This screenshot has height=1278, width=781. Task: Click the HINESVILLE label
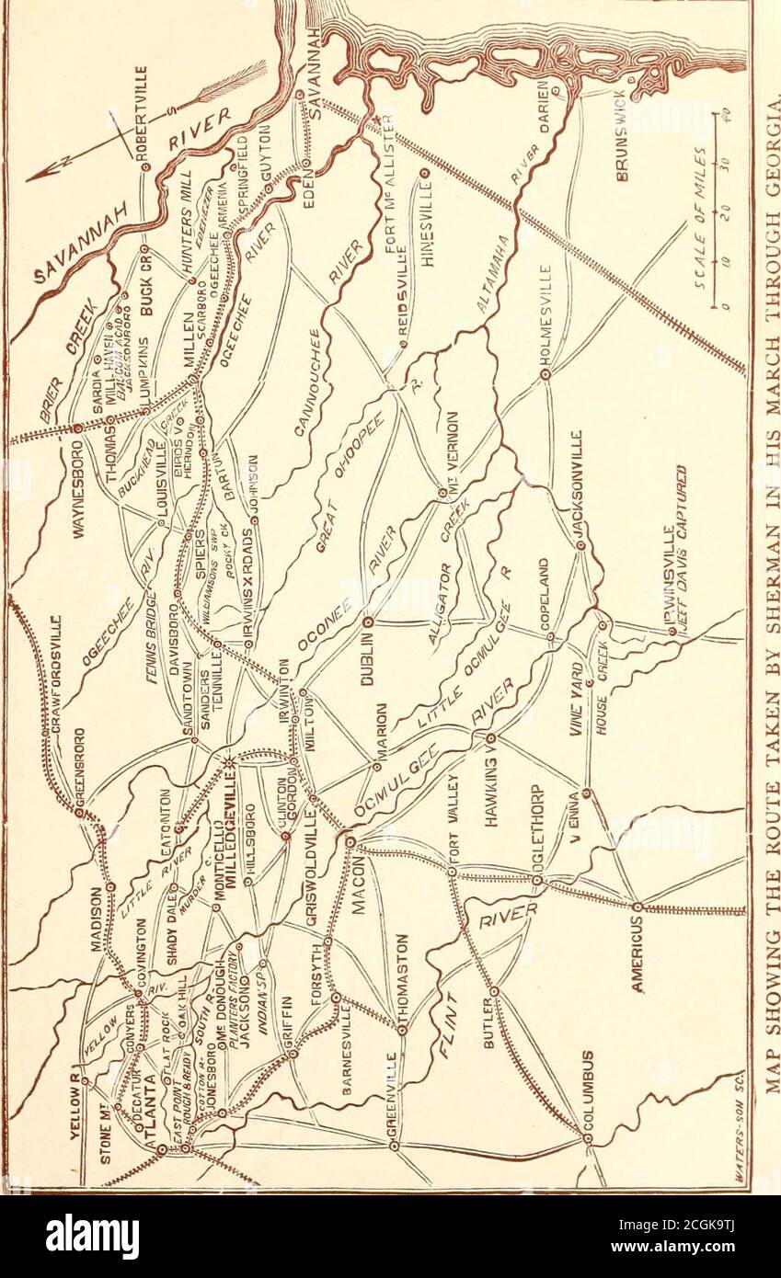coord(427,222)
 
